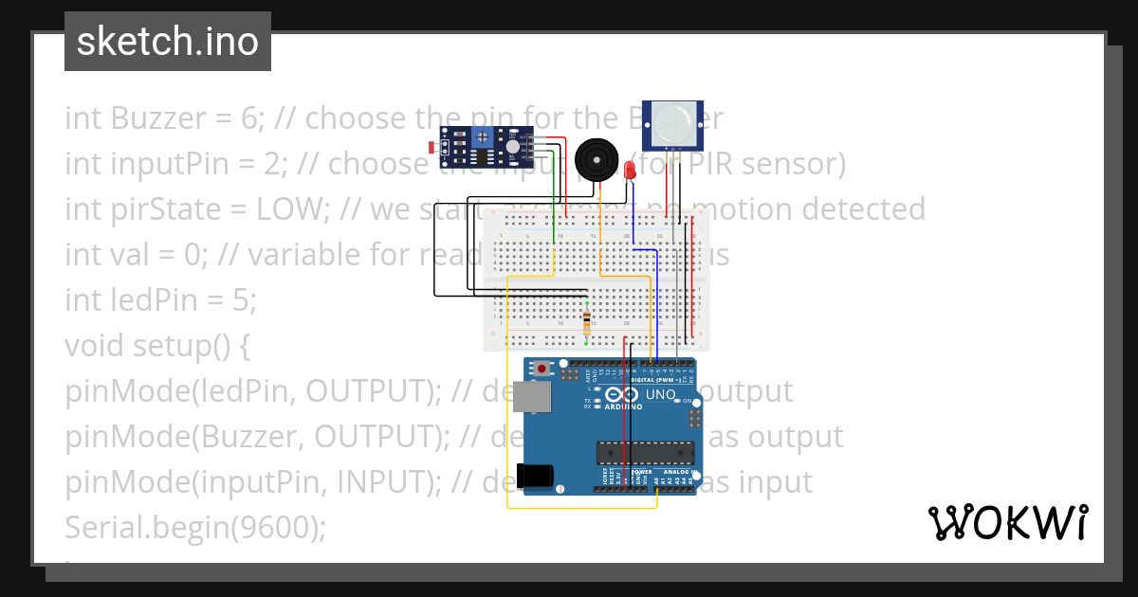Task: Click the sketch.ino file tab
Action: point(168,42)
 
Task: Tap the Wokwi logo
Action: point(1007,522)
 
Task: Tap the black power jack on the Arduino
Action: point(535,475)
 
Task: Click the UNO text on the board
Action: point(660,394)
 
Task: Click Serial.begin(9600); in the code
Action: point(194,528)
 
